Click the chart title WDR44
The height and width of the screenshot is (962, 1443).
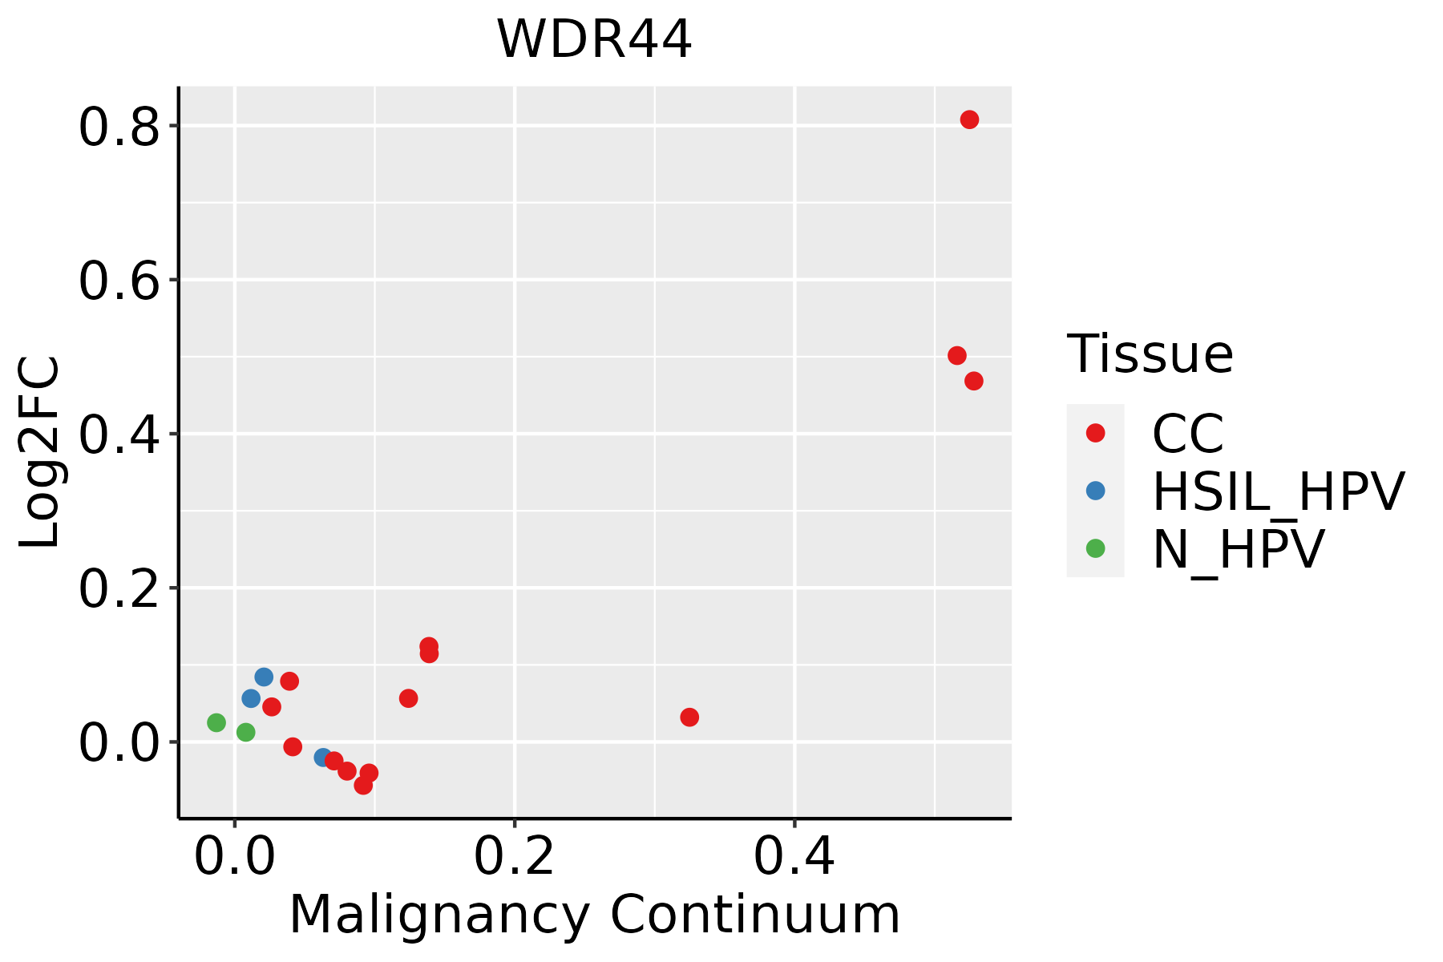pos(594,40)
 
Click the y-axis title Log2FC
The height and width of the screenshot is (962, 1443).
pos(40,452)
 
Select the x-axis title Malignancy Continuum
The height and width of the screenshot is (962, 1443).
pos(594,915)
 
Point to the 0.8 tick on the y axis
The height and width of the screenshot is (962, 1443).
pos(119,127)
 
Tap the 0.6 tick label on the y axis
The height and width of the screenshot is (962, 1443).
pos(119,281)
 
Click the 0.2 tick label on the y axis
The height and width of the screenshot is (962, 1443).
pos(119,588)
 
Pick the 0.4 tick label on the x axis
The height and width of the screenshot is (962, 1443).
pos(794,856)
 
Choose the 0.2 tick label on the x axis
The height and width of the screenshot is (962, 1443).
pos(514,856)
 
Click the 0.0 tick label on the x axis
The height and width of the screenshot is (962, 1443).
pos(234,856)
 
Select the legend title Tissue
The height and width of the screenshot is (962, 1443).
pos(1150,354)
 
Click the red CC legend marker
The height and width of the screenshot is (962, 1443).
pos(1095,433)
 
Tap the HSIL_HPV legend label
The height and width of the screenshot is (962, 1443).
pos(1278,491)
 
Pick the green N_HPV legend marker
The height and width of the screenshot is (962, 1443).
pos(1095,548)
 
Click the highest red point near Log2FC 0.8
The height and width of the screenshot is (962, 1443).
pos(969,120)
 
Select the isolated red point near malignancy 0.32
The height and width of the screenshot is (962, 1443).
pos(689,717)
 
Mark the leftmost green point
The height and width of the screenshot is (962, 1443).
pos(216,722)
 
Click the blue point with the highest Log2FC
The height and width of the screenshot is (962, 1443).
pos(264,677)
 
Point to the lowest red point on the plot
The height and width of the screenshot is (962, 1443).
pos(363,785)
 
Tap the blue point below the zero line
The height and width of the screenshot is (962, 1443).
pos(323,757)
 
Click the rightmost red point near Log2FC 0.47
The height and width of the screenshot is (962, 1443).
pos(974,381)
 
